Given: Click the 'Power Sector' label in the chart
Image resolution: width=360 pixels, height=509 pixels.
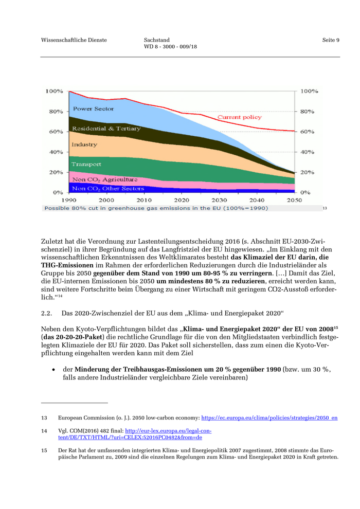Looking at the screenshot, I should (93, 109).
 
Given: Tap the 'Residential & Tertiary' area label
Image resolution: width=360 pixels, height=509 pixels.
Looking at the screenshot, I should (106, 129).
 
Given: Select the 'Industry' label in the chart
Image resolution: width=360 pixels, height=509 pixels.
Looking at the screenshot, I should (84, 145).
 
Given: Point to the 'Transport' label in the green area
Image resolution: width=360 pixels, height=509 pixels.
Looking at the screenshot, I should (86, 165).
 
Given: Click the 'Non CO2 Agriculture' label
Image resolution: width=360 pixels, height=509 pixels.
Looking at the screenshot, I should (104, 179).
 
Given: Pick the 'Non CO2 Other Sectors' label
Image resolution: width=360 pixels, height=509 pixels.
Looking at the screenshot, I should (108, 189).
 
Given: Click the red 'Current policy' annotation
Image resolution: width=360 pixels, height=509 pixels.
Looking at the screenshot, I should (239, 118).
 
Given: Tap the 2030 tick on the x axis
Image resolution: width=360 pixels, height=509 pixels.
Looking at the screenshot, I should (219, 200).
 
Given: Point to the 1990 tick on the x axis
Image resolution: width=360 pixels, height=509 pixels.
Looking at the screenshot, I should (69, 200).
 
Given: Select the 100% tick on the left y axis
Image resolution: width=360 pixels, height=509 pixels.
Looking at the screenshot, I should (55, 92).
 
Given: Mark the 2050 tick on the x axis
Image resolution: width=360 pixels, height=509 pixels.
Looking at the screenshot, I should (294, 200).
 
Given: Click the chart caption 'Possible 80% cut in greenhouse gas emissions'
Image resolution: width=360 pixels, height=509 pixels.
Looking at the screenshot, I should (156, 208).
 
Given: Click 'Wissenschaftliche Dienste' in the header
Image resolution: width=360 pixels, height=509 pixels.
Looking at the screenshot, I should (74, 40).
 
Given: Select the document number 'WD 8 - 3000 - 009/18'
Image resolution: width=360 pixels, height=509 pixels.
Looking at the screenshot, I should (170, 47).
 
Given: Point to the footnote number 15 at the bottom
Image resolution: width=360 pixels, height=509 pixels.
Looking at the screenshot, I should (44, 450).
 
